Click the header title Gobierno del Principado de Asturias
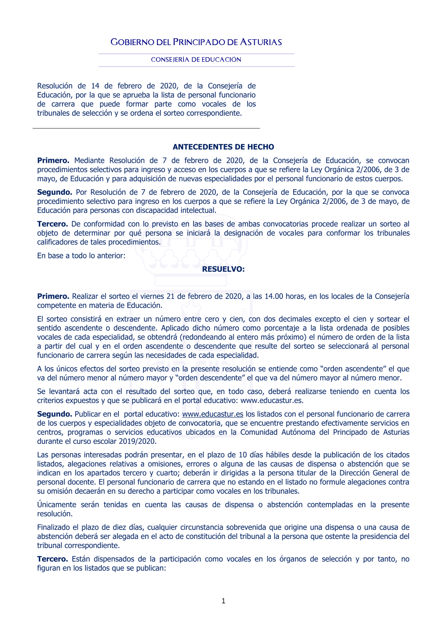[196, 42]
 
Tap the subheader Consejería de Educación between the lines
[196, 59]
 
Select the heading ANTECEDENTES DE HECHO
[223, 147]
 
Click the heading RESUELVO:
[223, 269]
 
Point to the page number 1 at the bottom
[223, 601]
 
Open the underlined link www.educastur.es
[212, 414]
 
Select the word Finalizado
[54, 527]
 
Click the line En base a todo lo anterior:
[81, 256]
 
